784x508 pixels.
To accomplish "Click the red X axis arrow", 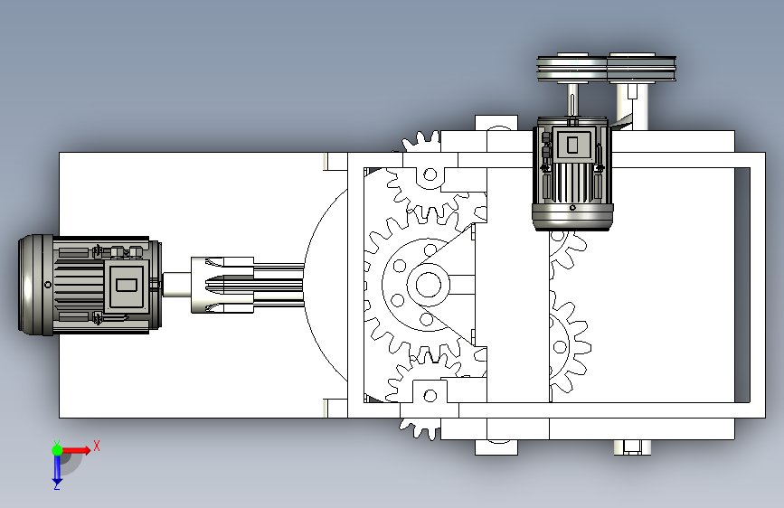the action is click(75, 450).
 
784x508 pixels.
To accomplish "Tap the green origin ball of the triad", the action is click(57, 450).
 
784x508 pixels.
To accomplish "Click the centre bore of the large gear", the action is click(429, 285).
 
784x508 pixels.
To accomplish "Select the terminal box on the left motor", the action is click(126, 286).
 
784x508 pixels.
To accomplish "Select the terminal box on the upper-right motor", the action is click(572, 145).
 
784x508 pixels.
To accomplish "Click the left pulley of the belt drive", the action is click(572, 68).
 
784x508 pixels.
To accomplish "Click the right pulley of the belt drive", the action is click(641, 68).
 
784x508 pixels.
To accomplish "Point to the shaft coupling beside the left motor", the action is click(222, 285).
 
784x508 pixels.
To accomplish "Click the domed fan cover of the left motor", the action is click(35, 285).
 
